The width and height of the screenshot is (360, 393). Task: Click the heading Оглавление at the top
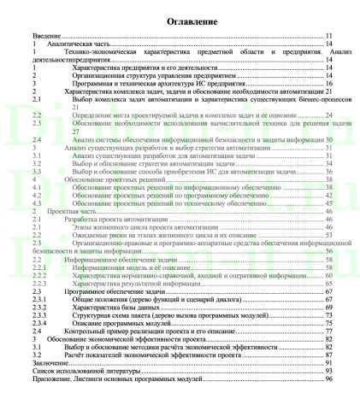tap(180, 19)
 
